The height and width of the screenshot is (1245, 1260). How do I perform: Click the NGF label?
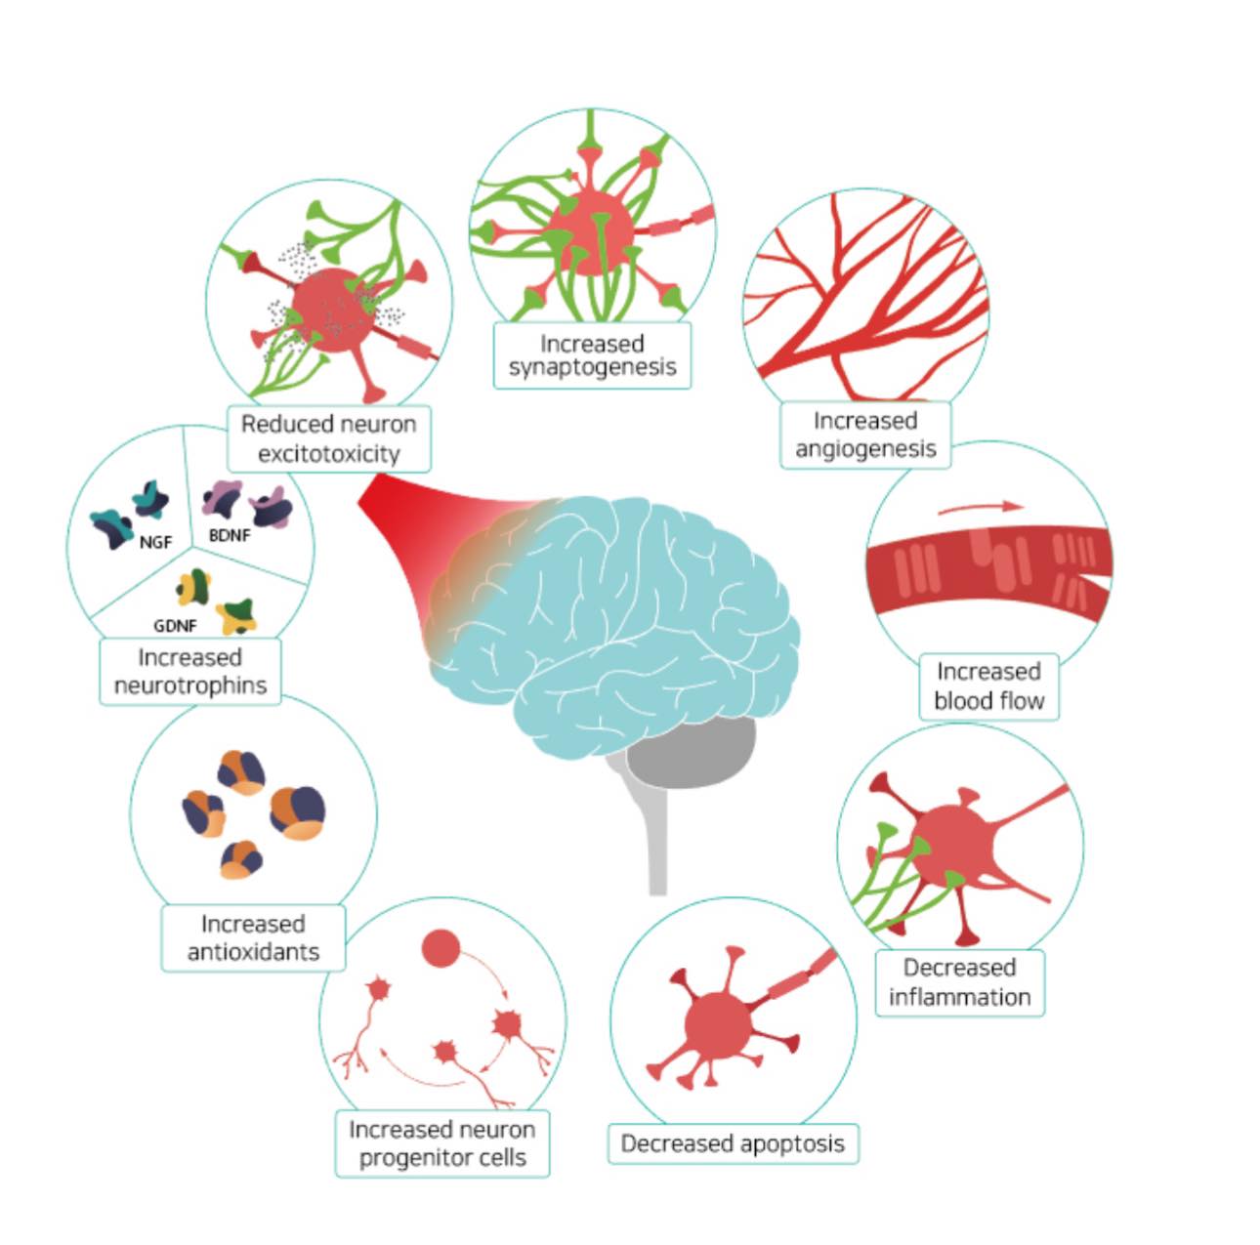155,543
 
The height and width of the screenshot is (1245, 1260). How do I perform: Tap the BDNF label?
230,535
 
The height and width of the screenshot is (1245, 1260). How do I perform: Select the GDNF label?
175,626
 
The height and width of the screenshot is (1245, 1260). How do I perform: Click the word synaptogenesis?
592,368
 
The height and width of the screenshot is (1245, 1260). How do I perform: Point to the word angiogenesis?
865,449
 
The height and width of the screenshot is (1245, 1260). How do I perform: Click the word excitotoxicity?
329,454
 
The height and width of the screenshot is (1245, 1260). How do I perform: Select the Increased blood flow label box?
988,686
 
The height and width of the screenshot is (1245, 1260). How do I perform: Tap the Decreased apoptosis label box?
733,1143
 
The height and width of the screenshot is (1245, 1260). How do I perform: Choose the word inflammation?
959,997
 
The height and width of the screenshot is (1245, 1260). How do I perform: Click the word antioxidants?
253,952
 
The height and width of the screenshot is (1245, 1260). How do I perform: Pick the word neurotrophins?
190,685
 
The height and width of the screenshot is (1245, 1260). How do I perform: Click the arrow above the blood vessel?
981,507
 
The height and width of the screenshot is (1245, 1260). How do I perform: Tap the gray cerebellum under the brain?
692,753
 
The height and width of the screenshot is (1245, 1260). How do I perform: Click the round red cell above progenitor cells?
441,948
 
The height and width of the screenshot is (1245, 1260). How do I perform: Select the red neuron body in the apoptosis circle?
719,1025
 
